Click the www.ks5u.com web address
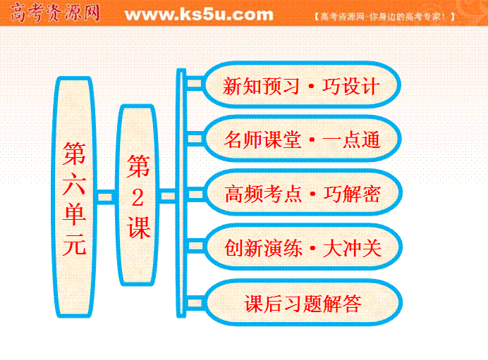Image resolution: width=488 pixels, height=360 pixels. [199, 15]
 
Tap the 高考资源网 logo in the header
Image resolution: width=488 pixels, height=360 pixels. [55, 13]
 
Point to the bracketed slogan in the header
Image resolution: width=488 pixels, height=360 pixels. [384, 16]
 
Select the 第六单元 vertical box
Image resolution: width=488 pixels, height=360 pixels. [74, 197]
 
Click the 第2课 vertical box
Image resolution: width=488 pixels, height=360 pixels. [138, 195]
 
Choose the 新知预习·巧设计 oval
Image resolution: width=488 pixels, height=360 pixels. [301, 85]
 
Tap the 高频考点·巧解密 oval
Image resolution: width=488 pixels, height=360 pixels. [303, 193]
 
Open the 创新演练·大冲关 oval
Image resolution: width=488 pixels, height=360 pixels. [303, 247]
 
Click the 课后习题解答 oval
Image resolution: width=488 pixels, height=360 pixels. [303, 302]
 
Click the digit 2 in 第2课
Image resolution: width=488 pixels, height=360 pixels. [138, 198]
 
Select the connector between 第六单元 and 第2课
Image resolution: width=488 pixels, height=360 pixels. [106, 197]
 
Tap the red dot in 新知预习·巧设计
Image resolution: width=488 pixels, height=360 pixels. [310, 86]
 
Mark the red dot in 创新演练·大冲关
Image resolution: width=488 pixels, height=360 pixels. [312, 248]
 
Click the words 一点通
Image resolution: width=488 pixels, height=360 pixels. [351, 139]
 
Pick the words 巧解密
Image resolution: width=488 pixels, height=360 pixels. [352, 194]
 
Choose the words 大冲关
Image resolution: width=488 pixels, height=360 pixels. [352, 248]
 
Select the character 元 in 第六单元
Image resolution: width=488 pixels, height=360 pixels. [74, 244]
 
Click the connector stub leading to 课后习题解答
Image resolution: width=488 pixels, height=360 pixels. [195, 303]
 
